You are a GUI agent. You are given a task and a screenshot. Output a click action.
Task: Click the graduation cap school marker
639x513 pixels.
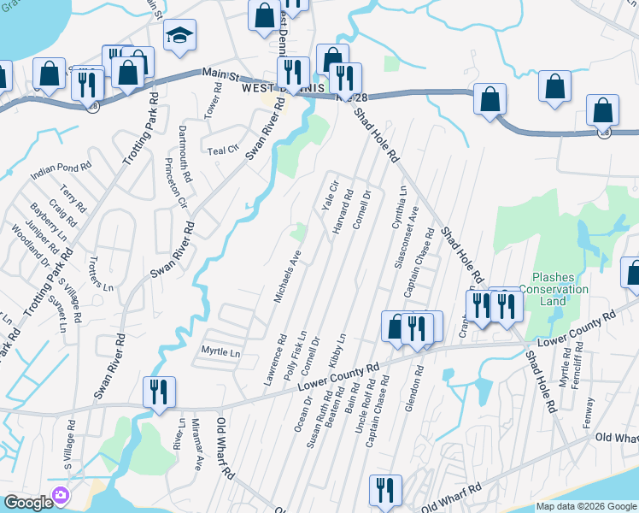click(x=179, y=36)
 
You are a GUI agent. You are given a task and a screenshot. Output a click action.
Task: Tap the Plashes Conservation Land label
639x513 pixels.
click(x=560, y=289)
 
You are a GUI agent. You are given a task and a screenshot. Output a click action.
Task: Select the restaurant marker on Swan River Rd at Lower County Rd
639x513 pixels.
click(x=159, y=392)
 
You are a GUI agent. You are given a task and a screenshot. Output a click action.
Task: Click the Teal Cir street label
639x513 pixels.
click(x=223, y=150)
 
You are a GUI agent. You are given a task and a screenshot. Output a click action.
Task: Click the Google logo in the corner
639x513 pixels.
click(x=27, y=503)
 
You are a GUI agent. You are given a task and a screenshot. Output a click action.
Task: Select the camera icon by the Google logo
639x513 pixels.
click(x=60, y=495)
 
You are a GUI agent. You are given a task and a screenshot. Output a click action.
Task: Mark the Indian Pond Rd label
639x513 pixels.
click(x=60, y=170)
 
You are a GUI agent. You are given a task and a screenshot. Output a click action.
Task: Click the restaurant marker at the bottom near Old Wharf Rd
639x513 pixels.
click(x=385, y=490)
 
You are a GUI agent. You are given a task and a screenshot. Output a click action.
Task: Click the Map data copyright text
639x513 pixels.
click(x=587, y=506)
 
